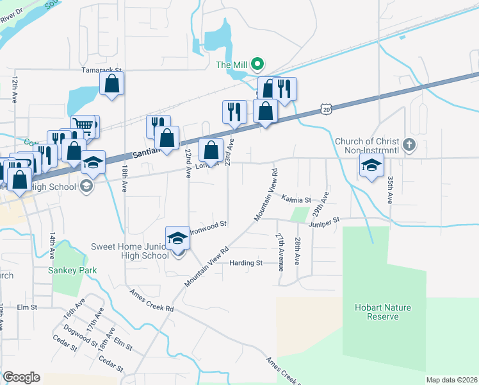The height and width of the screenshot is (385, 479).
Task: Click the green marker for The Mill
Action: [x=257, y=64]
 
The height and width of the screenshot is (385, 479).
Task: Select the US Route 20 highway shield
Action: [x=327, y=110]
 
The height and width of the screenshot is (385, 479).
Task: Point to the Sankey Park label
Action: [x=72, y=270]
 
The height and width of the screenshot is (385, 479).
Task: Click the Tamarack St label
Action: [x=101, y=69]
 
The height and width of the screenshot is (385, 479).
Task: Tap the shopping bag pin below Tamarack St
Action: [x=112, y=83]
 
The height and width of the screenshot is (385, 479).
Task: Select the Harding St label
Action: [x=246, y=263]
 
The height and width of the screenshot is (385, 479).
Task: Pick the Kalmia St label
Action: [x=296, y=200]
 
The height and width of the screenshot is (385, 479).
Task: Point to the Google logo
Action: [x=21, y=377]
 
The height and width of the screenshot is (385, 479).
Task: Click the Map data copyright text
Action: [x=451, y=380]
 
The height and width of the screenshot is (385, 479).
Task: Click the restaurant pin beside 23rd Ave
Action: [x=234, y=112]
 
